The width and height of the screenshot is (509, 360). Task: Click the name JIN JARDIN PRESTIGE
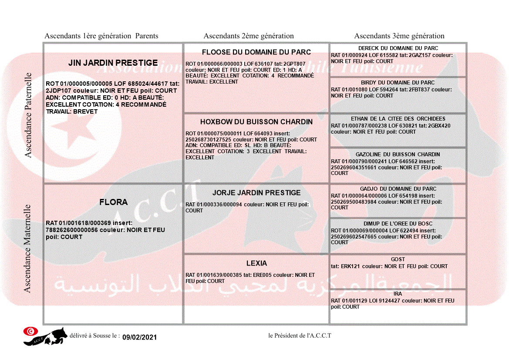click(x=113, y=63)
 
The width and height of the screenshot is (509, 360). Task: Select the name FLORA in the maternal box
click(x=113, y=202)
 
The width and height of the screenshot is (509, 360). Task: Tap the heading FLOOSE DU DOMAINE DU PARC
click(x=256, y=52)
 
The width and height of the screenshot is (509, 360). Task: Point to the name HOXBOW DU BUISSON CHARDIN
click(x=256, y=122)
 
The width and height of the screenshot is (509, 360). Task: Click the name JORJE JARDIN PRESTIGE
click(x=256, y=193)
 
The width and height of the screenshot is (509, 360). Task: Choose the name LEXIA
click(x=256, y=263)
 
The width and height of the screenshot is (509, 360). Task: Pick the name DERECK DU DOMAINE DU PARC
click(x=398, y=48)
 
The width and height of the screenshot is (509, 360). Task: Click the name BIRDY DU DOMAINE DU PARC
click(x=398, y=83)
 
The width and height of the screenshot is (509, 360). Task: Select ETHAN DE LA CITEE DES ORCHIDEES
click(x=398, y=119)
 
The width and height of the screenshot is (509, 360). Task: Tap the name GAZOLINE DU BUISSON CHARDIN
click(x=398, y=155)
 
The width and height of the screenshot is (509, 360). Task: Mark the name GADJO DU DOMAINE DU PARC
click(x=398, y=189)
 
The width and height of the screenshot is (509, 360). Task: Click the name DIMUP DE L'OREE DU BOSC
click(x=398, y=224)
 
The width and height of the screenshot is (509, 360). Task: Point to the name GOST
click(x=398, y=259)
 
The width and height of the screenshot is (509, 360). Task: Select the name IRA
click(x=398, y=294)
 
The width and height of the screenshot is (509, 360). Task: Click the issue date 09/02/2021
click(x=139, y=337)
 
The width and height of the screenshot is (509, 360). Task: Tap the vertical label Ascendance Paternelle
click(x=28, y=115)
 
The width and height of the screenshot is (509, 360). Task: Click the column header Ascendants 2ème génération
click(x=249, y=36)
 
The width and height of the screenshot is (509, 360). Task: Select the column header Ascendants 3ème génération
click(x=399, y=36)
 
